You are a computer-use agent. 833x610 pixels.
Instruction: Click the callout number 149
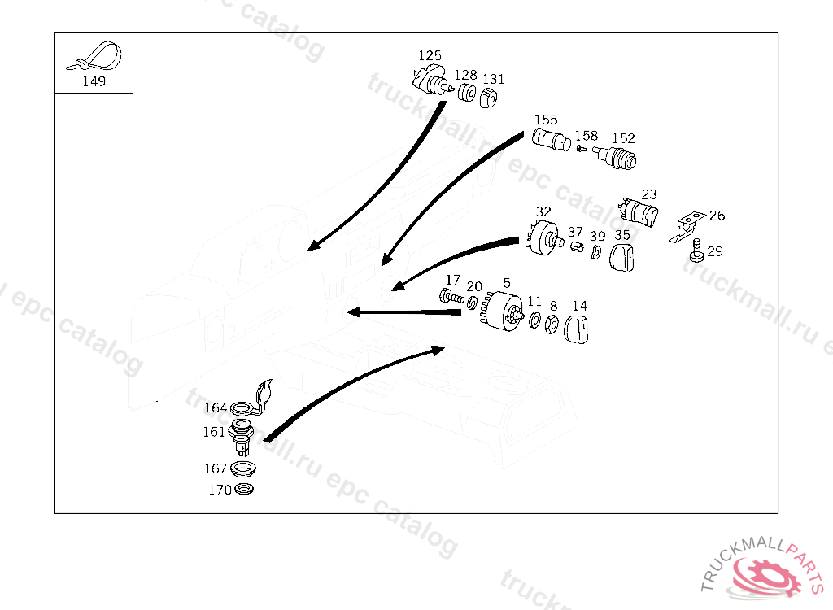click(94, 81)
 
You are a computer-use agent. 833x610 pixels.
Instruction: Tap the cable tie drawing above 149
click(96, 57)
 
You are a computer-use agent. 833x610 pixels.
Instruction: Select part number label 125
click(430, 55)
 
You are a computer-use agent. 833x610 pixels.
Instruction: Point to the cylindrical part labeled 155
click(551, 140)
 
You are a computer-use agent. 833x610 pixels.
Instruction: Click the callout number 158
click(586, 136)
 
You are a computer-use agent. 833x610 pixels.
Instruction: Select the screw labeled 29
click(696, 250)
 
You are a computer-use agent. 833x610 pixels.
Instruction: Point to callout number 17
click(452, 280)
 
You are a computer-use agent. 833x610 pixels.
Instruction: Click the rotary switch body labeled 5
click(504, 311)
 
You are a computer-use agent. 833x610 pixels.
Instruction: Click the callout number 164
click(216, 407)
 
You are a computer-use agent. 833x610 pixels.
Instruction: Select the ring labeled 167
click(242, 469)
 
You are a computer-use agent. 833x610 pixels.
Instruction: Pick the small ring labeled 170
click(243, 490)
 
